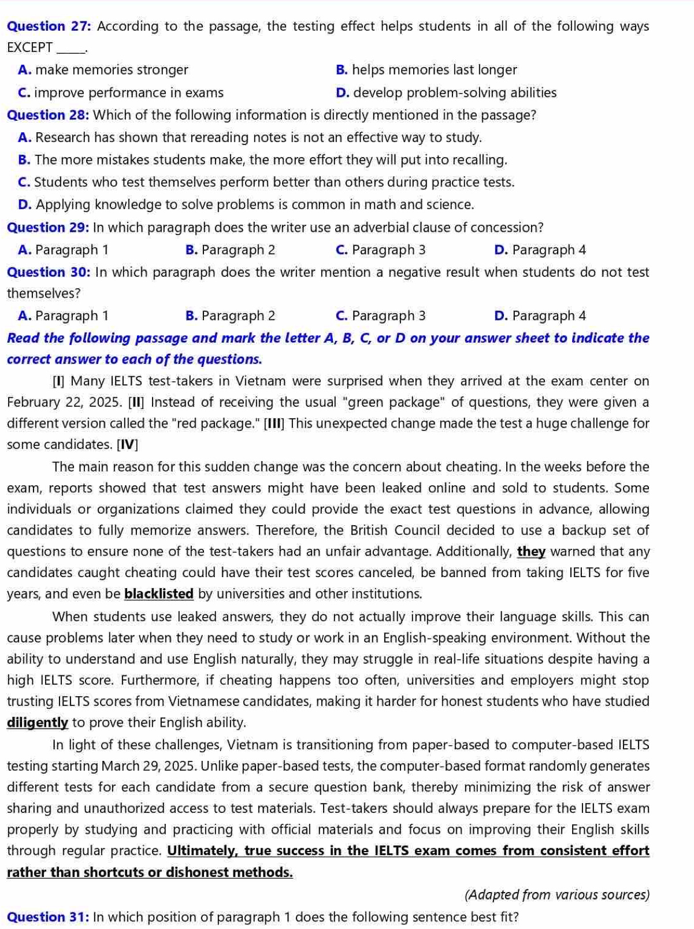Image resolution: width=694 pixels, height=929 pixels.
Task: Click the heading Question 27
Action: point(50,27)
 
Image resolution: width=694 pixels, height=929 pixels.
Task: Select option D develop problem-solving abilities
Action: point(446,92)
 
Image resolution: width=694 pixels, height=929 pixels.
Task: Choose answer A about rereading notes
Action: point(250,138)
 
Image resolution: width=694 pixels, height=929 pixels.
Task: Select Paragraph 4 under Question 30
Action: point(540,315)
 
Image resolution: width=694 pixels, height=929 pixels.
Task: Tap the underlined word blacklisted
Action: point(159,594)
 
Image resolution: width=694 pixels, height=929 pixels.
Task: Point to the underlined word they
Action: point(531,552)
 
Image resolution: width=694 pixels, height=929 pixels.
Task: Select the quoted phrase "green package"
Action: point(397,402)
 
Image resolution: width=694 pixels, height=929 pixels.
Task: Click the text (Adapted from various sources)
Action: point(556,895)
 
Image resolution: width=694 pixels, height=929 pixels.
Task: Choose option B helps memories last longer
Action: point(426,70)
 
